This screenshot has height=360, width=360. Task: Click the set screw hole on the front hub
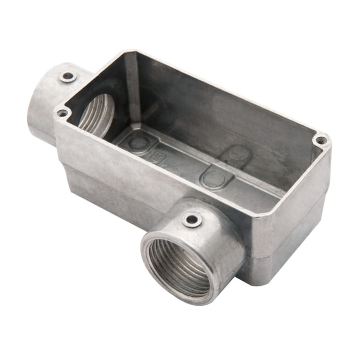click(192, 220)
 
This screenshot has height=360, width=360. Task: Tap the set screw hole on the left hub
click(68, 76)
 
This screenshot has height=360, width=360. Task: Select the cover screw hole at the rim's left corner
click(63, 113)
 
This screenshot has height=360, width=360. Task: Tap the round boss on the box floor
click(138, 142)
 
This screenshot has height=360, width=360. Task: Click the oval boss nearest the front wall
click(213, 178)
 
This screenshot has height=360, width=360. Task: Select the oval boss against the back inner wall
click(239, 153)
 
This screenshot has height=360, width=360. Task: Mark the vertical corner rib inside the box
click(132, 89)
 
